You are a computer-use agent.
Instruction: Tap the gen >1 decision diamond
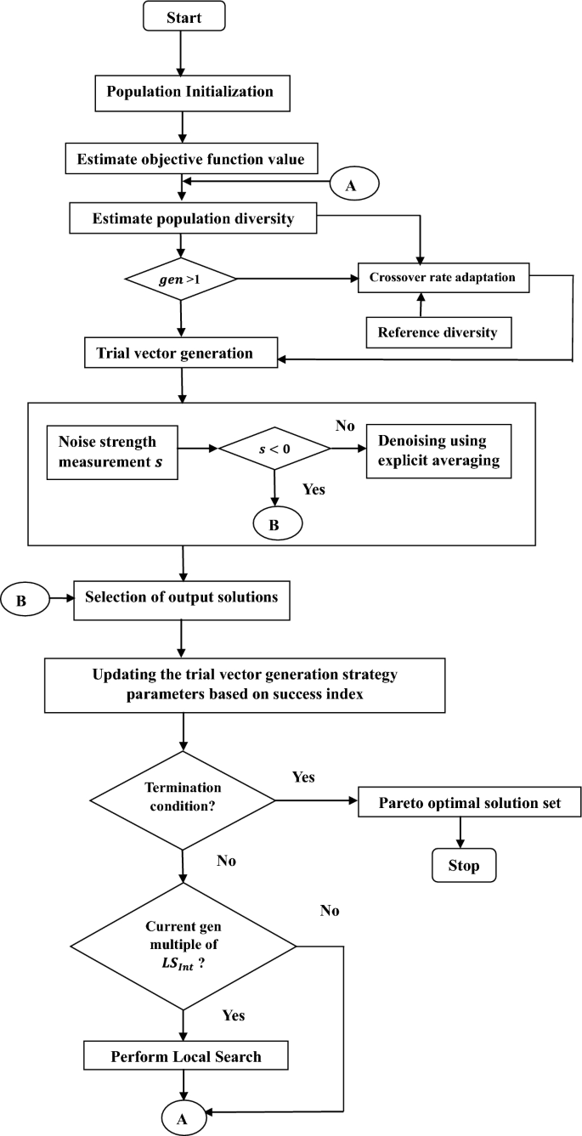pos(179,277)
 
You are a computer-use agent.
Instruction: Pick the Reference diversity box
pos(438,332)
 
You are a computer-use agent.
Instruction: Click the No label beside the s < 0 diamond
pos(343,423)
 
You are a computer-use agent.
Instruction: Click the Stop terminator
pos(460,866)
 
